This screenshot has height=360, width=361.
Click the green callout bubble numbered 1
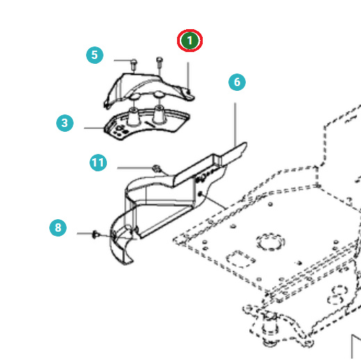[190, 40]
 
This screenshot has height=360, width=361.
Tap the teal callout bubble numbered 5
[94, 55]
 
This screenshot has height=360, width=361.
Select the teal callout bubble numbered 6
[237, 82]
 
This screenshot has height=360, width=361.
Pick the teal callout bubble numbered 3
[65, 123]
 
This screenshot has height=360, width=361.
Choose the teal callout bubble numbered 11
[98, 162]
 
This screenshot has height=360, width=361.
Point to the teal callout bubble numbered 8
[58, 228]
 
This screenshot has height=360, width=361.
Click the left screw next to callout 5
[134, 65]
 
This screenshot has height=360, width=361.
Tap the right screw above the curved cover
[160, 62]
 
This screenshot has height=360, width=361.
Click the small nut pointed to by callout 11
[156, 168]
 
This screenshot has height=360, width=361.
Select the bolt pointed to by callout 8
[96, 234]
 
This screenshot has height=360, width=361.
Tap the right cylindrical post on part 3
[159, 114]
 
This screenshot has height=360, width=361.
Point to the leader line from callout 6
[235, 124]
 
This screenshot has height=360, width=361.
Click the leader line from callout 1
[188, 76]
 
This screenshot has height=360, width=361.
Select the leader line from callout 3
[94, 128]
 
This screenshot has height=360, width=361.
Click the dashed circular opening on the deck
[271, 241]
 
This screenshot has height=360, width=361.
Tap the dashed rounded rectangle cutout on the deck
[240, 259]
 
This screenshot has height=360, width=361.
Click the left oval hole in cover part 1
[135, 96]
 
